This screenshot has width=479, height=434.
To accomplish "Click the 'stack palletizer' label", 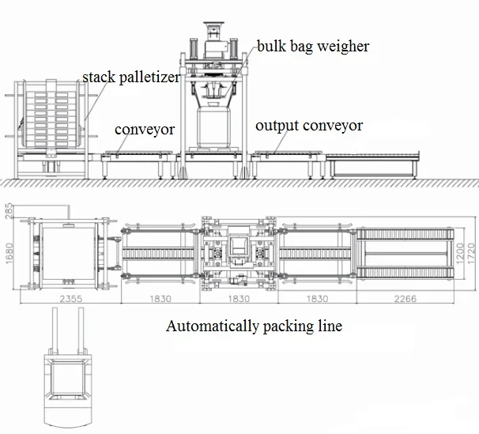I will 132,77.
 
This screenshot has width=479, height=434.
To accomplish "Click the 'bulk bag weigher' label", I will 312,47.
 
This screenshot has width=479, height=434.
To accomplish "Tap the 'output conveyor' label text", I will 309,126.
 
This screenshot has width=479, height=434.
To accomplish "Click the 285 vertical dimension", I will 9,211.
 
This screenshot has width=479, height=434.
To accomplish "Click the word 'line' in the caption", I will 329,326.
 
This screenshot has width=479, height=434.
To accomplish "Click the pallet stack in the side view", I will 52,118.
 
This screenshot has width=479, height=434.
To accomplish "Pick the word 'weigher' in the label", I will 342,47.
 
